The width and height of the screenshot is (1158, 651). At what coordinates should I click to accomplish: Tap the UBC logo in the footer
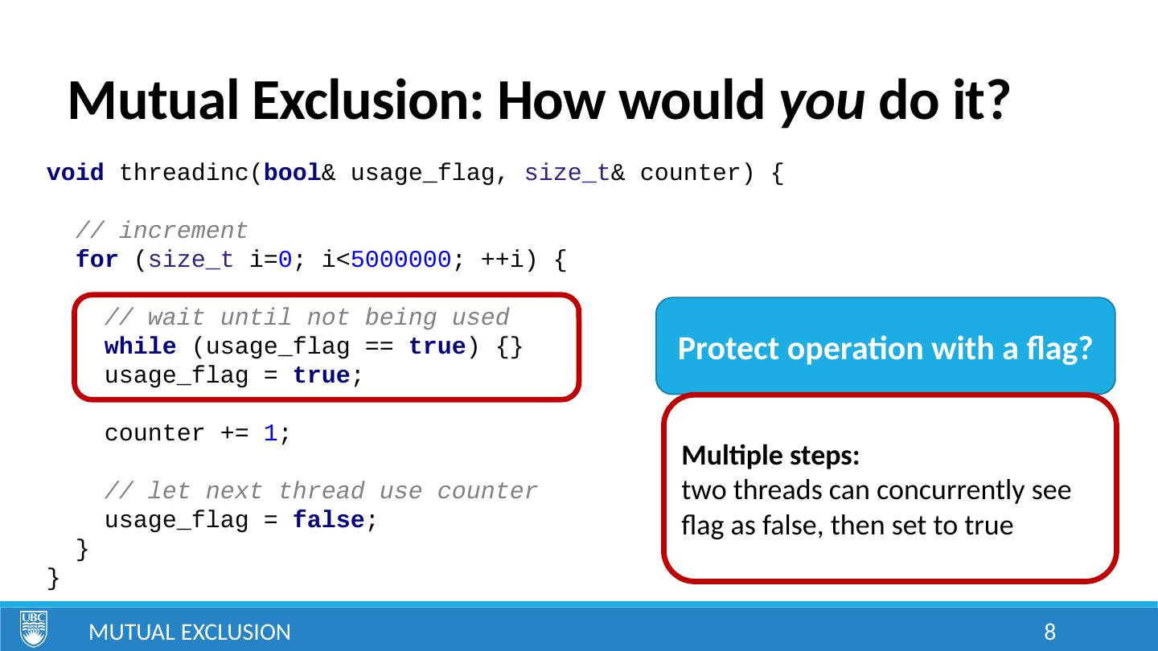click(x=33, y=628)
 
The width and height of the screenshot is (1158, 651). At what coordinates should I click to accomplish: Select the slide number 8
click(x=1049, y=633)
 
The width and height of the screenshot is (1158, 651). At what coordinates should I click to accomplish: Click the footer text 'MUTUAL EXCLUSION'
click(x=190, y=633)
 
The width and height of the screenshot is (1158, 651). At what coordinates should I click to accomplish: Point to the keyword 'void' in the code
click(x=75, y=174)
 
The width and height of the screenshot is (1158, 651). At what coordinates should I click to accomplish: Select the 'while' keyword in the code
click(x=141, y=347)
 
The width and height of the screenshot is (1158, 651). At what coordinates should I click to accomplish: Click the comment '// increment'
click(x=162, y=231)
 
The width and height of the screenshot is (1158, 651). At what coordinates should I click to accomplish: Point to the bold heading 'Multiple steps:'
click(x=771, y=457)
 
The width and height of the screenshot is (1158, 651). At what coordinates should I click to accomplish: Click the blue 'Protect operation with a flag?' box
click(x=885, y=348)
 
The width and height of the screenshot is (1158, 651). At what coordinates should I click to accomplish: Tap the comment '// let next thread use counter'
click(x=322, y=492)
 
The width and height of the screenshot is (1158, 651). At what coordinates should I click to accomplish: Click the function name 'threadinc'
click(x=184, y=174)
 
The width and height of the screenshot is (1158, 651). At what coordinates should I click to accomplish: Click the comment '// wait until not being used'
click(x=307, y=318)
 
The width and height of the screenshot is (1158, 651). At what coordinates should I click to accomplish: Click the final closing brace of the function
click(x=53, y=578)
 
